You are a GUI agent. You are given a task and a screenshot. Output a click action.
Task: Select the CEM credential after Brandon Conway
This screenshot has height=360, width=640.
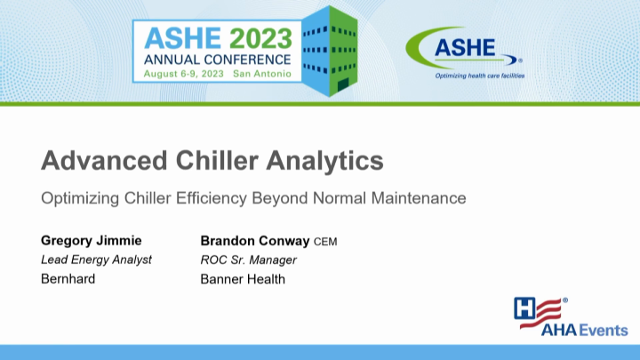[325, 242]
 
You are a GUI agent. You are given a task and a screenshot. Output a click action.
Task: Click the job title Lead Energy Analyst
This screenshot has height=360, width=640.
[96, 260]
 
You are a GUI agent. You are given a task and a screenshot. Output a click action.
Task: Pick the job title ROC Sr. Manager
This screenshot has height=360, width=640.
[248, 260]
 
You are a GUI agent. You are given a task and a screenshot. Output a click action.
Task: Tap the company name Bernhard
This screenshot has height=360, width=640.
[68, 278]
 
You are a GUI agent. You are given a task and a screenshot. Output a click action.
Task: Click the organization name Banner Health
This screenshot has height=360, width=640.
[243, 278]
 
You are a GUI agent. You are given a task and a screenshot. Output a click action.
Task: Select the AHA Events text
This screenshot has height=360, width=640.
[572, 332]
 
